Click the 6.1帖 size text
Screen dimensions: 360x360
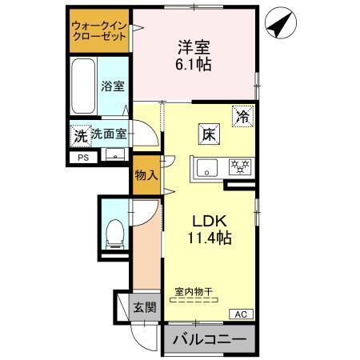193,66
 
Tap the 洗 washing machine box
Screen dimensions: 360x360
80,135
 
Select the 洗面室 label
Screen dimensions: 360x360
107,134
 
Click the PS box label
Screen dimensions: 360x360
83,158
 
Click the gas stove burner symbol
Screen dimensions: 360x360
238,168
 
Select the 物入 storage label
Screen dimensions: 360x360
146,175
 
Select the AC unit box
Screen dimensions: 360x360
241,313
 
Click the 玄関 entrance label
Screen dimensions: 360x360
145,307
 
